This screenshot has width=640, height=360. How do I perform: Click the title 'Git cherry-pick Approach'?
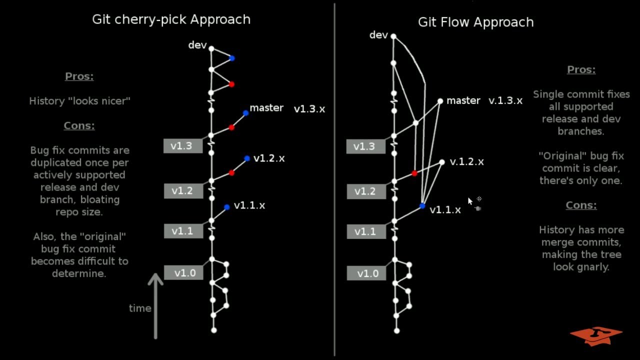(171, 19)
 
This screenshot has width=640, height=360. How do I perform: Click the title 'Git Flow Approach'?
(475, 22)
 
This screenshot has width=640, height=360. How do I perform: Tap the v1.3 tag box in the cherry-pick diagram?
(181, 146)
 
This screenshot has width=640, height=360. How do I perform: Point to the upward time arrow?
(155, 305)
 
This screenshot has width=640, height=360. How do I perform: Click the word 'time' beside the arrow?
(140, 308)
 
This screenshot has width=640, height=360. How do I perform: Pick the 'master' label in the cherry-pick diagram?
(266, 108)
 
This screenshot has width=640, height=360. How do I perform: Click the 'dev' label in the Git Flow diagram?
(378, 35)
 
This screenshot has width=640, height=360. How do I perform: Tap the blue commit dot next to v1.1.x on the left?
(227, 207)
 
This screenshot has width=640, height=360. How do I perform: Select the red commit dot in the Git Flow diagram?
(414, 173)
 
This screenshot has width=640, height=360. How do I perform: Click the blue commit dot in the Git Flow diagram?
(422, 206)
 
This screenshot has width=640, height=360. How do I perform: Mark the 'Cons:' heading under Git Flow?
(581, 205)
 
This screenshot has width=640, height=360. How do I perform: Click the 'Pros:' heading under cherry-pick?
(79, 76)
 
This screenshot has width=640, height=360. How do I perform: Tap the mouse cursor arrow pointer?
(470, 201)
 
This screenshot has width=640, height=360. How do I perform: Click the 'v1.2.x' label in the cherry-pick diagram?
(269, 158)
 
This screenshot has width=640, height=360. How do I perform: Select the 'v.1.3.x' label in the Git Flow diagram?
(505, 101)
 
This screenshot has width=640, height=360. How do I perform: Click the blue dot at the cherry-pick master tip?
(245, 113)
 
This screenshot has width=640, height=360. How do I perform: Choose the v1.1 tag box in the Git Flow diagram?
(365, 231)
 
